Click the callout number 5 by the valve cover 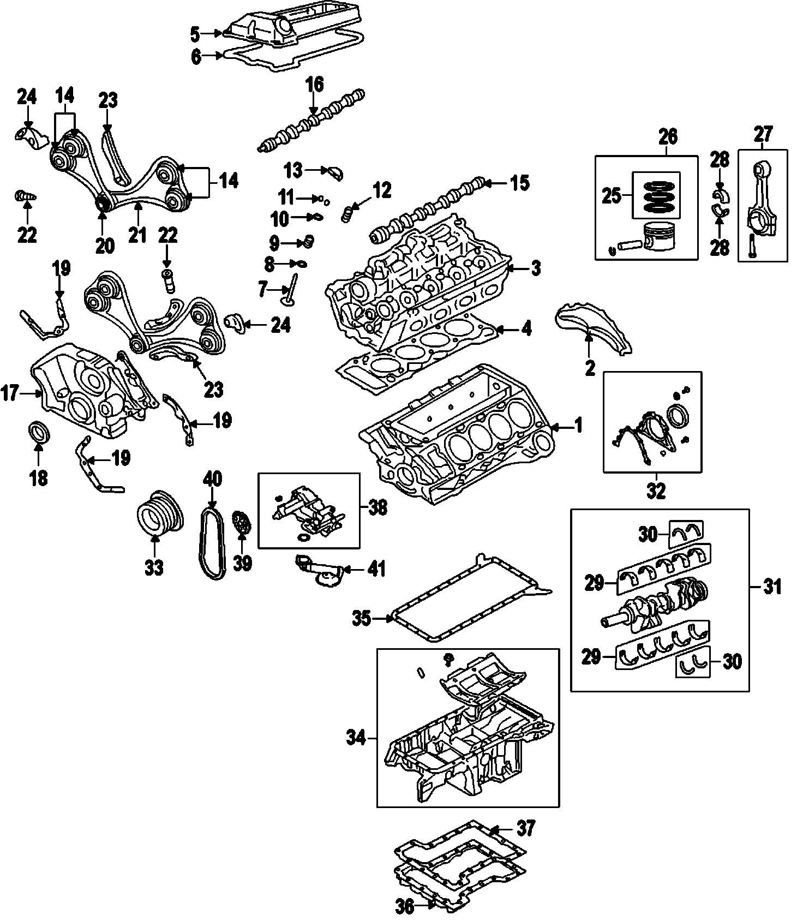click(x=195, y=34)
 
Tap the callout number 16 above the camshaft click(x=314, y=85)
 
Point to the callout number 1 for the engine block click(x=578, y=426)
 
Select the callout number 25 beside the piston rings click(x=613, y=195)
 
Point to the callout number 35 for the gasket click(x=362, y=619)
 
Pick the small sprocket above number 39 click(x=241, y=523)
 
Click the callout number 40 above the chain click(x=213, y=479)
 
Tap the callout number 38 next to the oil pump click(x=377, y=507)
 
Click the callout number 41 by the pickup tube click(x=376, y=570)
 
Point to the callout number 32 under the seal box click(x=656, y=491)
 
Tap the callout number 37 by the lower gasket click(x=526, y=828)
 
